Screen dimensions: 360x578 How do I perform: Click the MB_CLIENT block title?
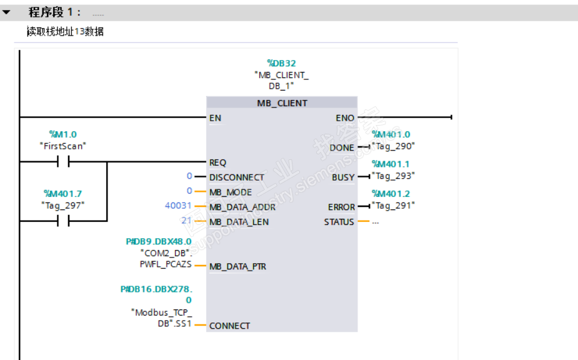(282, 103)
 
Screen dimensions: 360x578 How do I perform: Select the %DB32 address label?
(281, 63)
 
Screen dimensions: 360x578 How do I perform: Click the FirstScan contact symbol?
(63, 162)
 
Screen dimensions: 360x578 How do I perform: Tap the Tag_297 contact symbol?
(63, 221)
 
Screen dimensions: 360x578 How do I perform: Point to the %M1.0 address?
(62, 134)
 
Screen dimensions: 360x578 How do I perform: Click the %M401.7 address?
(63, 194)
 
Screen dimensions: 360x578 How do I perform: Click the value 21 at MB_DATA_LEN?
(186, 221)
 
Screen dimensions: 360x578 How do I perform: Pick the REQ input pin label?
(217, 162)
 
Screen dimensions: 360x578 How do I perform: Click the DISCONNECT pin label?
(237, 177)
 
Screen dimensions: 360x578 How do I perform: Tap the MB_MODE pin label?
(231, 192)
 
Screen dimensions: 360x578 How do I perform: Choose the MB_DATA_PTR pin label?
(237, 266)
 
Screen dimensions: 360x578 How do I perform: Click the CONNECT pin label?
(229, 326)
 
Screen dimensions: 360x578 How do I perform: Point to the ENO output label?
(345, 118)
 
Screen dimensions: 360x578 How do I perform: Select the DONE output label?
(342, 147)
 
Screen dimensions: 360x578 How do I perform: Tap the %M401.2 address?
(391, 194)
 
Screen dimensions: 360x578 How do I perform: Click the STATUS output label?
(339, 222)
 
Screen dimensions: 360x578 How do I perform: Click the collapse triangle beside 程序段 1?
(7, 12)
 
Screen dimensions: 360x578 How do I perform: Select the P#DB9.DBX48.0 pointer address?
(159, 241)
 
